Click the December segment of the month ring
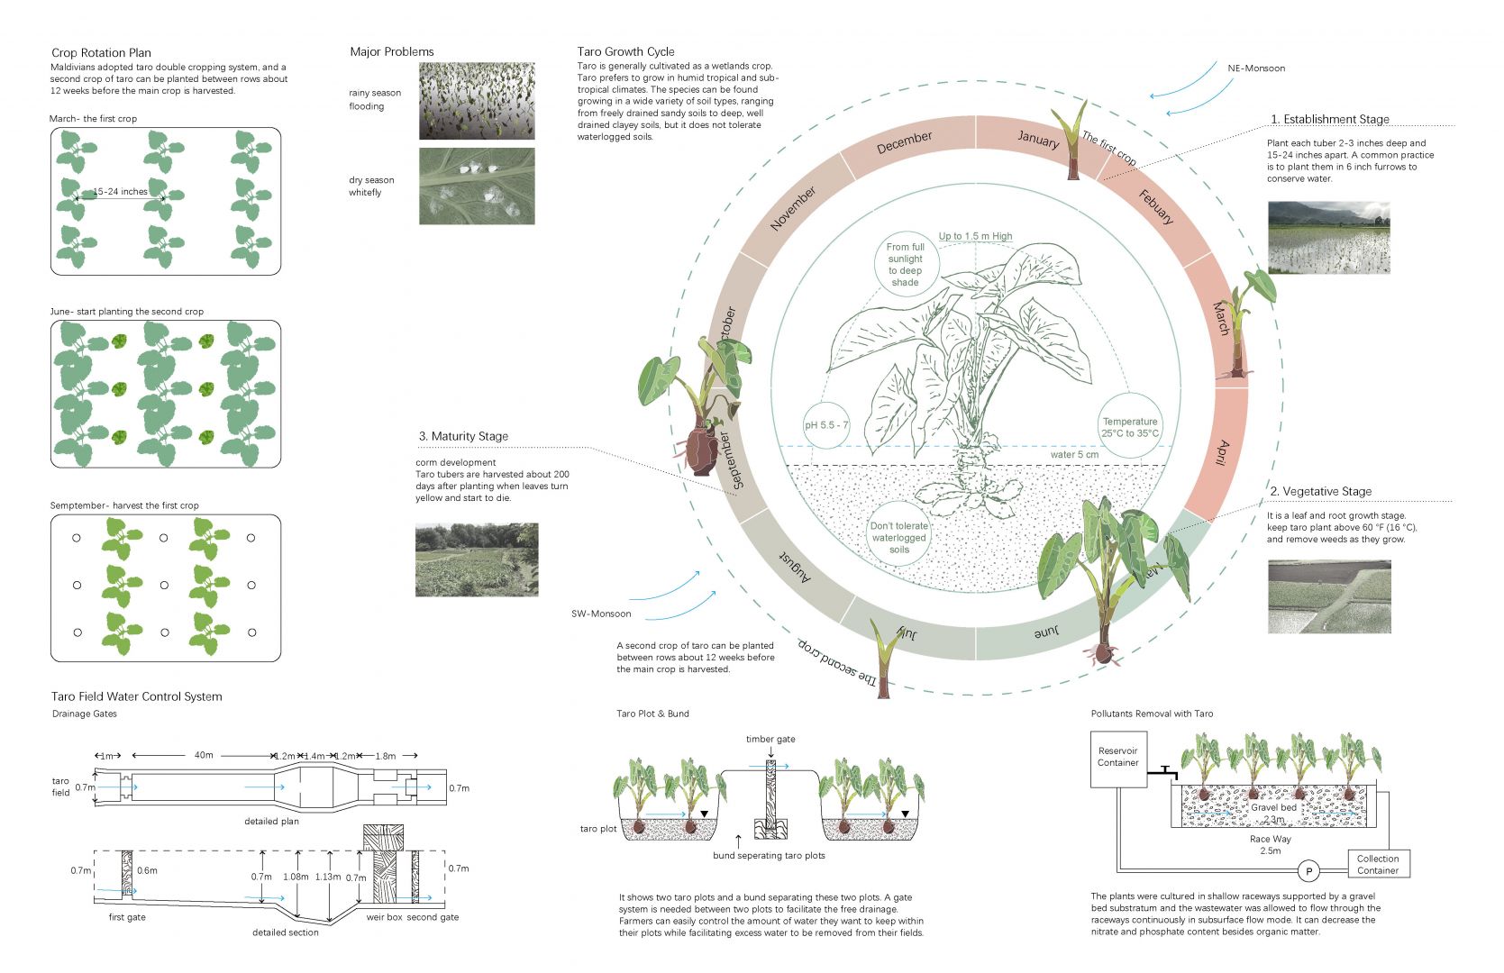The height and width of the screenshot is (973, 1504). coord(904,142)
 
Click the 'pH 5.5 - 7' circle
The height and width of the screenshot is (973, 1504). coord(826,425)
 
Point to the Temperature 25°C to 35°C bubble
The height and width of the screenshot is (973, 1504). coord(1130,427)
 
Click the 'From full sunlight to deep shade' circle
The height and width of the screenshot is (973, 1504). coord(905,264)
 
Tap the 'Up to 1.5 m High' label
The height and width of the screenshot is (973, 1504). coord(975,236)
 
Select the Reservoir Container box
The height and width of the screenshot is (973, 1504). coord(1117,758)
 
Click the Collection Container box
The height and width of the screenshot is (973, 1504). coord(1378,864)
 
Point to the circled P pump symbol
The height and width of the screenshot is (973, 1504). coord(1308,871)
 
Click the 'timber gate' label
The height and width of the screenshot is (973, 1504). coord(770,739)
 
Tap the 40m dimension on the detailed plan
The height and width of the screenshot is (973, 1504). coord(204,755)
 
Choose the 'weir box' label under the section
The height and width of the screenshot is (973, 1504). coord(384,917)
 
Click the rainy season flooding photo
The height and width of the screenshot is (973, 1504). coord(477,101)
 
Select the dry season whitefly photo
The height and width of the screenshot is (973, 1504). coord(477,186)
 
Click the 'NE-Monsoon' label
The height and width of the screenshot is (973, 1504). coord(1256,68)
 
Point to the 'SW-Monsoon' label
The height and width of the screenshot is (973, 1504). coord(601,614)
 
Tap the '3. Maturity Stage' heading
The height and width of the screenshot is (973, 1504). coord(463,436)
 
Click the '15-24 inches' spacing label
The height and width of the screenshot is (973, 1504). coord(120,192)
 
